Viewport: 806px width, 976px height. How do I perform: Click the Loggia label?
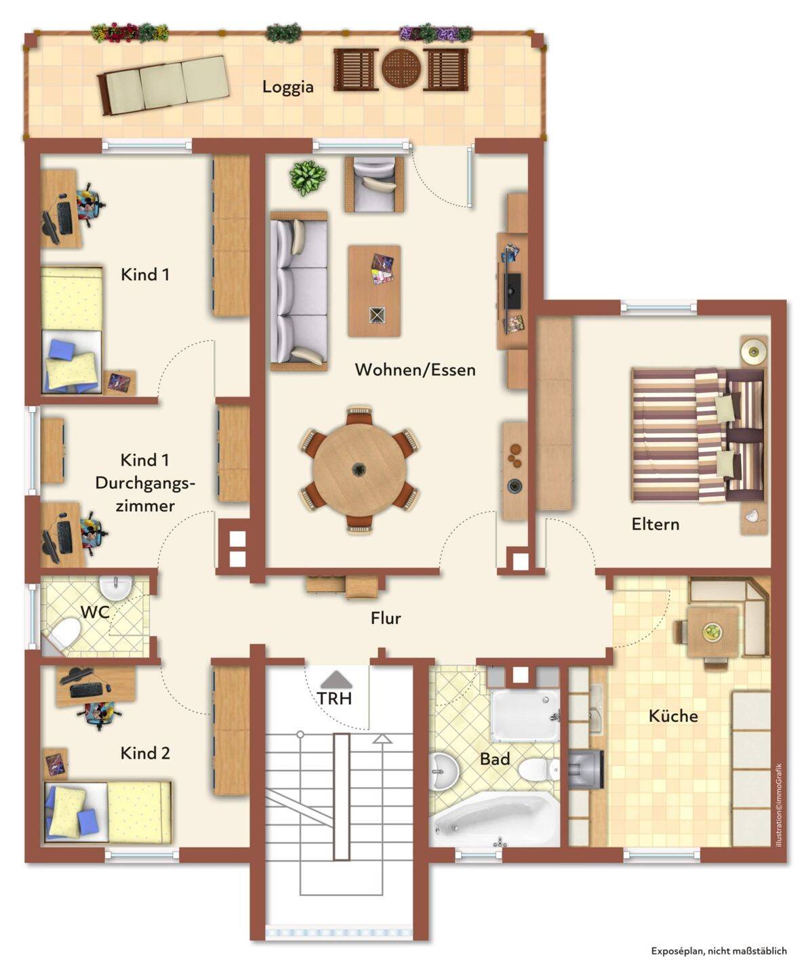[287, 87]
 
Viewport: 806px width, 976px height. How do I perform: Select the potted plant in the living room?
[308, 178]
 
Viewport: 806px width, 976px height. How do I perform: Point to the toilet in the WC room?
[64, 633]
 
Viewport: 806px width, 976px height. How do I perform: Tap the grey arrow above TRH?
[335, 678]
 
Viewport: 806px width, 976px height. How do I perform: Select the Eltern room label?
[655, 524]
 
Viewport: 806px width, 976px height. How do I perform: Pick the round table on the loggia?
[401, 68]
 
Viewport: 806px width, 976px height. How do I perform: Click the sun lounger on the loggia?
[164, 85]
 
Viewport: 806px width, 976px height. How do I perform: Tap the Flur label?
[386, 618]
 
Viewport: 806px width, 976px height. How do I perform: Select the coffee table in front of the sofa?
[374, 291]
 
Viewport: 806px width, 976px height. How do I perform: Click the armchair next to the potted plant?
[374, 184]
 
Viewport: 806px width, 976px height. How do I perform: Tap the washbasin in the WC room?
[116, 588]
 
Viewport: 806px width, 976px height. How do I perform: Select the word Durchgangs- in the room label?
[145, 483]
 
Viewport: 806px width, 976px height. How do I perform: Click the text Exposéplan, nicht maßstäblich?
[719, 951]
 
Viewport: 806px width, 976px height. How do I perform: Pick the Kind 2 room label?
[145, 753]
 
